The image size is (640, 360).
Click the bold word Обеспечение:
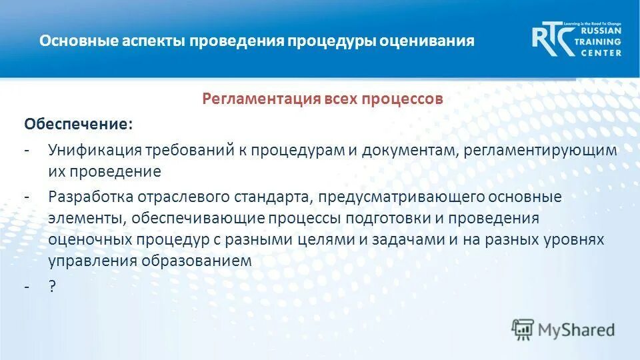coord(78,125)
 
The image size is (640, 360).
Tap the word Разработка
coord(91,198)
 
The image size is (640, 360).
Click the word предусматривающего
coord(400,198)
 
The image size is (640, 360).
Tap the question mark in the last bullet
coord(52,286)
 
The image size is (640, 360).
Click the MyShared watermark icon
coord(523,329)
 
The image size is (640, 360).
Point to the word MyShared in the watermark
coord(576,329)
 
